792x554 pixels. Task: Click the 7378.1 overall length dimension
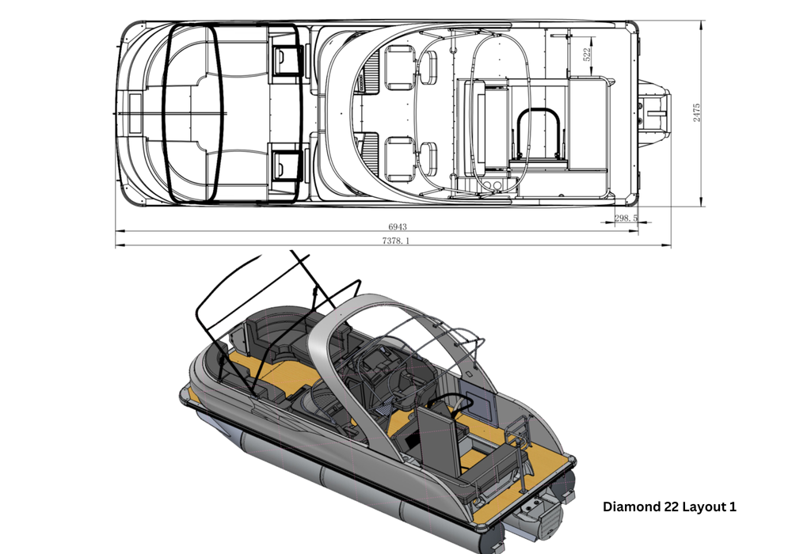tap(394, 241)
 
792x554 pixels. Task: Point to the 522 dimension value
tap(587, 55)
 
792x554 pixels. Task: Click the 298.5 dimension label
tap(626, 218)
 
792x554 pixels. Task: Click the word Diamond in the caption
tap(631, 507)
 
